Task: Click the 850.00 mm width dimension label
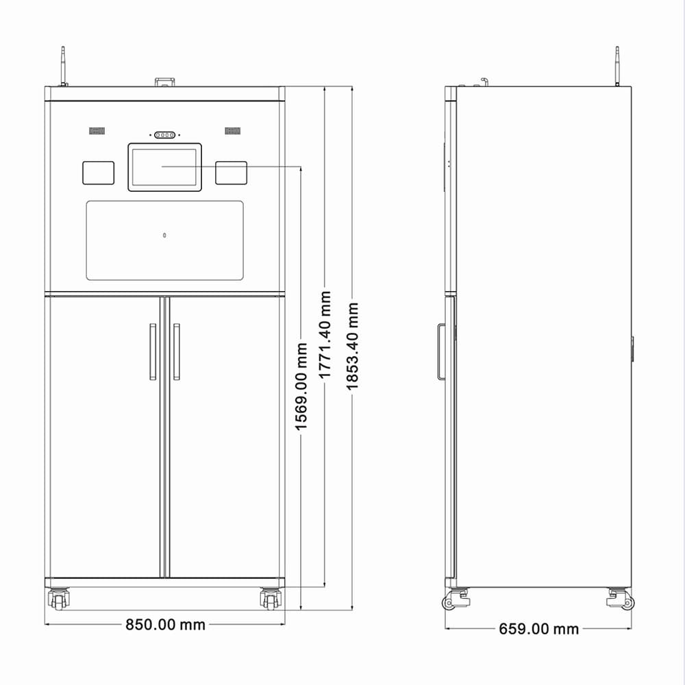[x=165, y=625]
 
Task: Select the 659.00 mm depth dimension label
[x=538, y=629]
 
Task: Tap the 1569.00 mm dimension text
[x=301, y=386]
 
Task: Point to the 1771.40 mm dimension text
[x=325, y=335]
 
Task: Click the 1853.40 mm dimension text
[x=352, y=346]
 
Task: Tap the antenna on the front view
[x=63, y=66]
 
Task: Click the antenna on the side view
[x=617, y=66]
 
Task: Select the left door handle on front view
[x=153, y=351]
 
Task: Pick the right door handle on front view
[x=177, y=351]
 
